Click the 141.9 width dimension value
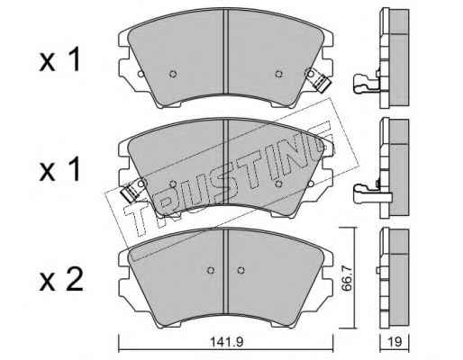click(x=226, y=342)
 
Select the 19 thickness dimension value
click(x=395, y=342)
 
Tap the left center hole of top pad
click(x=173, y=74)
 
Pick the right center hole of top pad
click(x=278, y=74)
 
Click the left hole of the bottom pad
click(x=211, y=270)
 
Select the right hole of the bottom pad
click(x=241, y=270)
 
